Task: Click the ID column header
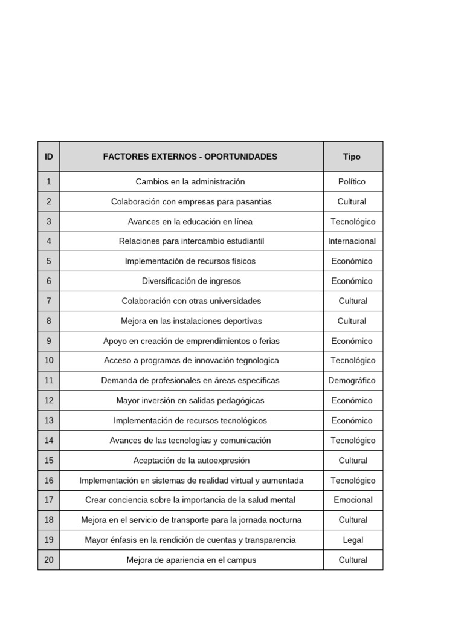tap(48, 157)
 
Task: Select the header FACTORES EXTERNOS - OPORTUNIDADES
tap(190, 157)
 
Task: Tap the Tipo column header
tap(352, 157)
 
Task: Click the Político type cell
tap(352, 181)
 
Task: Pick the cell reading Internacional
tap(352, 241)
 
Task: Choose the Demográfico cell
tap(352, 381)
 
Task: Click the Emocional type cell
tap(353, 500)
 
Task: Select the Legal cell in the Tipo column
tap(353, 540)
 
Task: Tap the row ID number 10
tap(49, 361)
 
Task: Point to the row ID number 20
tap(49, 560)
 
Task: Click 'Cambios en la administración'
tap(190, 181)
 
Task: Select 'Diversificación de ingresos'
tap(191, 281)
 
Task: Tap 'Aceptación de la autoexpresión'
tap(191, 461)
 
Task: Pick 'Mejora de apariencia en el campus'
tap(191, 560)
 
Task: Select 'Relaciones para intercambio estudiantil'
tap(191, 241)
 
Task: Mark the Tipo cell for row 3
tap(353, 221)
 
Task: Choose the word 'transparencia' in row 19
tap(269, 540)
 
